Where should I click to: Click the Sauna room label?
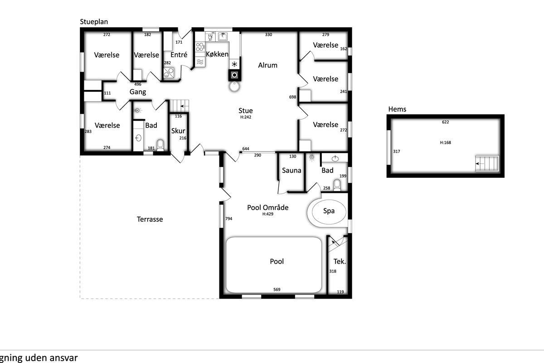(291, 171)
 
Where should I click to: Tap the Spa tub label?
(329, 211)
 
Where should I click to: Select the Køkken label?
(217, 54)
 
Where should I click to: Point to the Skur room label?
(178, 131)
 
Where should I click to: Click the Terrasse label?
(150, 219)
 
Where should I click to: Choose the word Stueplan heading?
(94, 22)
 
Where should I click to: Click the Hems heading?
(397, 109)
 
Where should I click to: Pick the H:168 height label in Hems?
(445, 142)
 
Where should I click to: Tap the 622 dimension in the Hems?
(445, 122)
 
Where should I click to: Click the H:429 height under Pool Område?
(267, 214)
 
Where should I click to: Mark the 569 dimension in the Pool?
(277, 289)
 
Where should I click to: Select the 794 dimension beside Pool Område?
(229, 219)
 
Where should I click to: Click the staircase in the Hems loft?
(487, 164)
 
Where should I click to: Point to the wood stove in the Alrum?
(235, 75)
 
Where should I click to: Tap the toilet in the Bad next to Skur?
(160, 145)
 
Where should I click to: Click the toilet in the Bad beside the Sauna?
(337, 185)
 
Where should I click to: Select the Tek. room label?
(340, 261)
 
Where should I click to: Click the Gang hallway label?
(138, 92)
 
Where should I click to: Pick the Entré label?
(179, 55)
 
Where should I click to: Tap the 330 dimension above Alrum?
(268, 34)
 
